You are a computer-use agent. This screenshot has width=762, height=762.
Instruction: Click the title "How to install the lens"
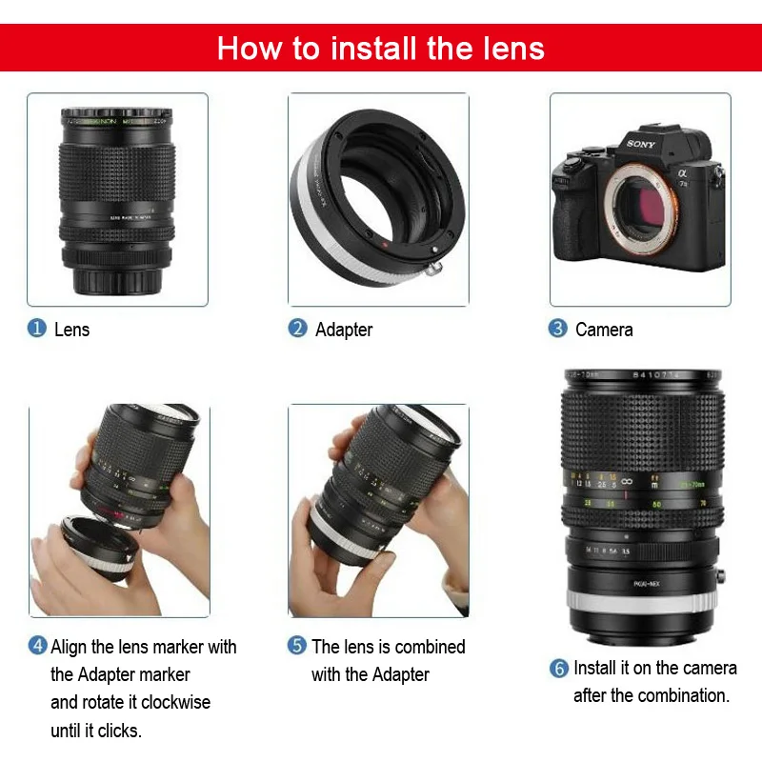pos(381,48)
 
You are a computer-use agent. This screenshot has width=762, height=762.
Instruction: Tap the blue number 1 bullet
pos(36,329)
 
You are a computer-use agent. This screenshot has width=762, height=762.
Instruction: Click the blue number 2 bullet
pos(298,329)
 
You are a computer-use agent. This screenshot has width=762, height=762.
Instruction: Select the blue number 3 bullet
pos(558,329)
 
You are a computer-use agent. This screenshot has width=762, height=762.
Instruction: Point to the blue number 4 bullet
pos(37,646)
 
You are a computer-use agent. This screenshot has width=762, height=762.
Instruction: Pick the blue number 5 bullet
pos(297,646)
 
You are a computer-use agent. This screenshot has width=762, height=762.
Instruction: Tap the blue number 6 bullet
pos(559,669)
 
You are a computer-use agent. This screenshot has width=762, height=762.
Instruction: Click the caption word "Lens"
pos(72,330)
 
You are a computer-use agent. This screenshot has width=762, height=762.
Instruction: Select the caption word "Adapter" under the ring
pos(344,330)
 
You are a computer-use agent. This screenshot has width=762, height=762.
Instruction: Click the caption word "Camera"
pos(604,330)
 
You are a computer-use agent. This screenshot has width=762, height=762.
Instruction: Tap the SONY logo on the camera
pos(642,145)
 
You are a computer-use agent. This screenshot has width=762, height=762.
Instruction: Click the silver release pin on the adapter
pos(435,269)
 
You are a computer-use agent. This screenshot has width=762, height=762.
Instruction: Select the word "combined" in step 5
pos(429,647)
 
